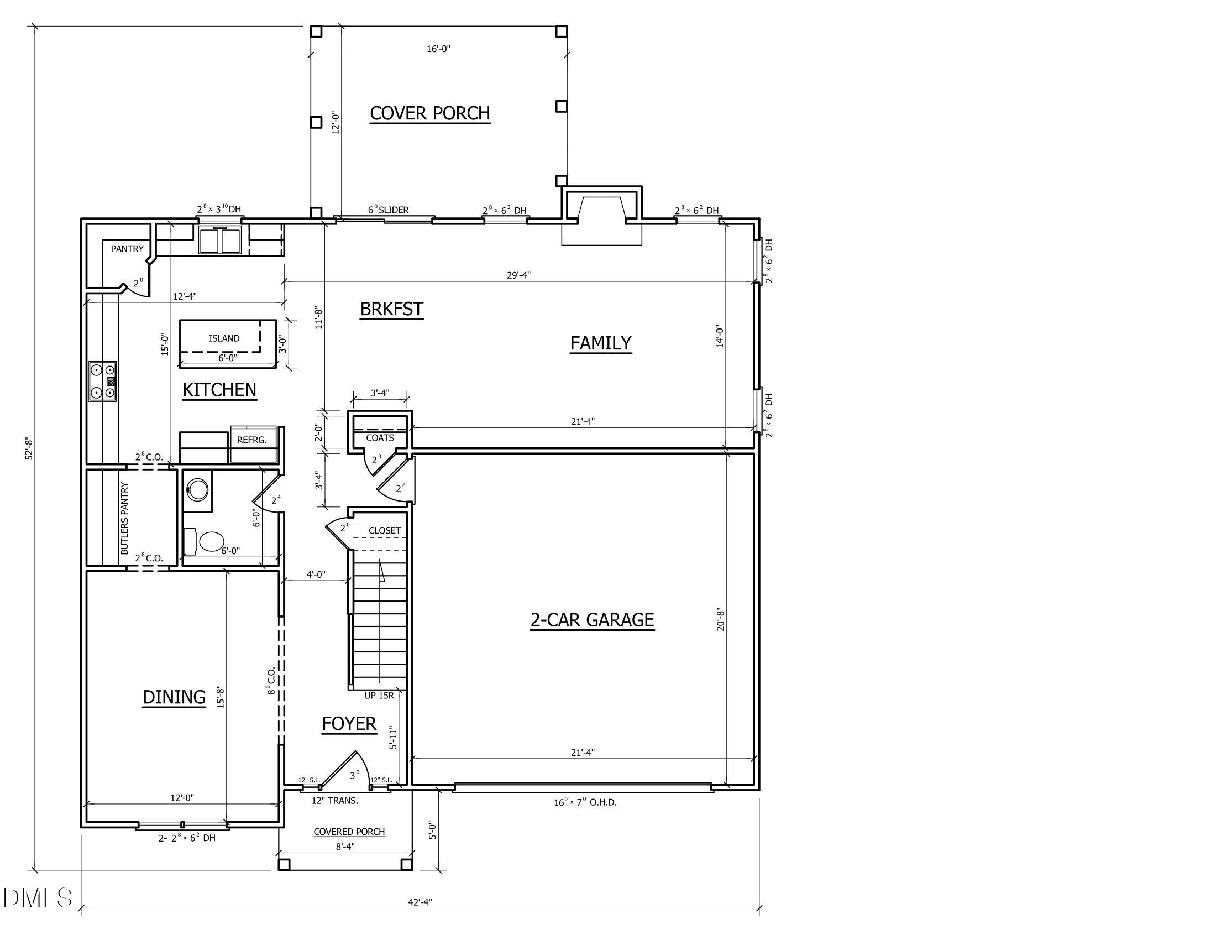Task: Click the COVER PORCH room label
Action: [429, 113]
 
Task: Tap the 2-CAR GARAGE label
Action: [592, 620]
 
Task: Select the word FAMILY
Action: [600, 343]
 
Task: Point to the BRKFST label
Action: [391, 309]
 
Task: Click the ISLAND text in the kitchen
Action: [224, 338]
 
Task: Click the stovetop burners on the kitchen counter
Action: [103, 381]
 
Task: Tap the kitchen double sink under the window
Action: [220, 240]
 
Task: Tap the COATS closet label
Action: [380, 438]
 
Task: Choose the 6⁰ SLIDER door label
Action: [388, 210]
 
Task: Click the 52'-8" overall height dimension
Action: [29, 448]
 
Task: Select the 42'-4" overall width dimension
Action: [420, 902]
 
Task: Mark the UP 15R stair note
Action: [379, 696]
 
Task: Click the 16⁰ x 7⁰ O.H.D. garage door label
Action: [585, 802]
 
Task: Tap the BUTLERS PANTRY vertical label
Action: [125, 519]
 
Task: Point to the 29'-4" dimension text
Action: [518, 275]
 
